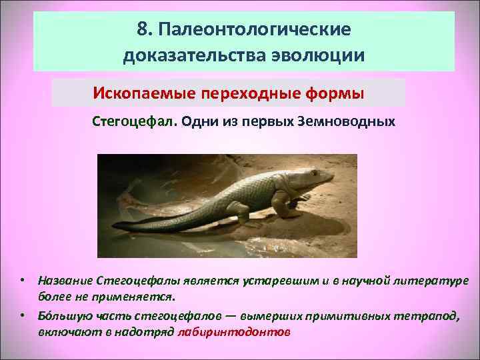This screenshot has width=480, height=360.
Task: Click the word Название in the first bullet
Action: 65,280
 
